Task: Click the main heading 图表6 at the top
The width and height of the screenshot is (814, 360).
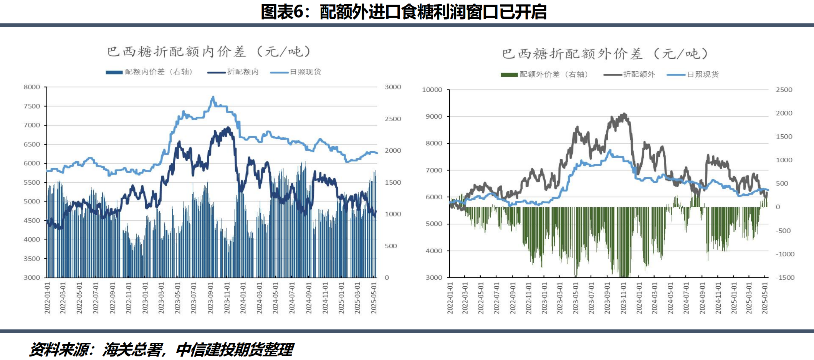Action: (x=404, y=12)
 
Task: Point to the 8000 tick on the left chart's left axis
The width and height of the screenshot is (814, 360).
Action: (x=32, y=87)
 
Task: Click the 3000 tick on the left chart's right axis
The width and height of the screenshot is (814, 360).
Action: (x=393, y=87)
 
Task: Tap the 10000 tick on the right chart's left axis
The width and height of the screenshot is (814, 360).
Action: (x=432, y=90)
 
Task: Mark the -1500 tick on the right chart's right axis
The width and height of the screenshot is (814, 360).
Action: (x=785, y=277)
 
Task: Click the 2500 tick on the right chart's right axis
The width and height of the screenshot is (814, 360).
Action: (x=784, y=90)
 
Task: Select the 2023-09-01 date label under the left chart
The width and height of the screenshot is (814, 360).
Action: (x=210, y=298)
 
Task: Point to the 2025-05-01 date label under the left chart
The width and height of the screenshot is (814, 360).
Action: (x=374, y=298)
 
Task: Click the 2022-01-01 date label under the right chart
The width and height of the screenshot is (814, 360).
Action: (x=450, y=298)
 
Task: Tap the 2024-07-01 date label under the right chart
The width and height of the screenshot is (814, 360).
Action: (x=686, y=298)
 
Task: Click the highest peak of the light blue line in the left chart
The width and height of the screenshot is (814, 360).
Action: (x=213, y=97)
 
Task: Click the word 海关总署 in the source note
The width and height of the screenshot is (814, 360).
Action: (x=132, y=350)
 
